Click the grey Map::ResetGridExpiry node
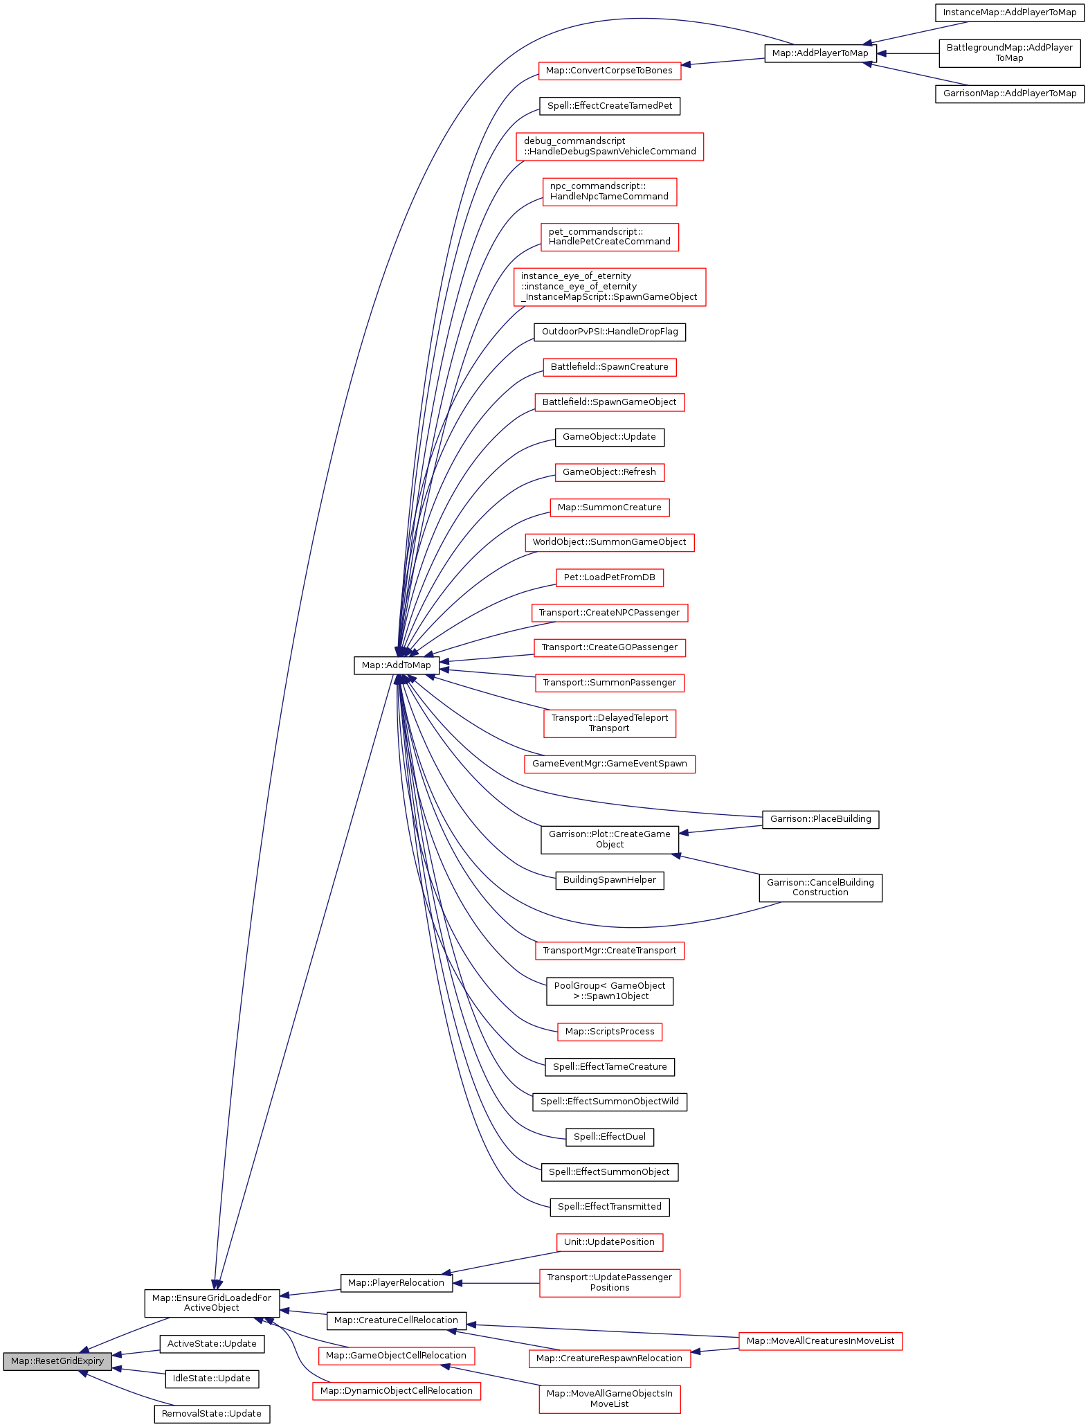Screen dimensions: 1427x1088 (x=57, y=1361)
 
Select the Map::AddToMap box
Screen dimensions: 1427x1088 (x=396, y=665)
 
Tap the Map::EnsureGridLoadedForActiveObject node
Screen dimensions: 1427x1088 (x=212, y=1302)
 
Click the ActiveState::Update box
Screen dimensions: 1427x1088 (x=212, y=1343)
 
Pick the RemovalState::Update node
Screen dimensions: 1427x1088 (x=212, y=1413)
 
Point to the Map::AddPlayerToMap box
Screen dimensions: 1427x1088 (x=820, y=53)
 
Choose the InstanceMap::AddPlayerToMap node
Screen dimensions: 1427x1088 (x=1009, y=12)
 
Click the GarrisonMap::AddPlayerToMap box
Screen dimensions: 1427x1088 (x=1009, y=93)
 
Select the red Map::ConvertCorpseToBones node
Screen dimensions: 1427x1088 (x=609, y=71)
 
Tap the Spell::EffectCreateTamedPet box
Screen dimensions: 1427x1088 (x=609, y=106)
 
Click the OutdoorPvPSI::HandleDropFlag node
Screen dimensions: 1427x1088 (x=609, y=332)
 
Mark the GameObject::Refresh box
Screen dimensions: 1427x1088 (x=609, y=472)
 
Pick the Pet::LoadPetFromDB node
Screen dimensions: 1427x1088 (x=609, y=577)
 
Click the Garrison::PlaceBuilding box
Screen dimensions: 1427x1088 (x=820, y=819)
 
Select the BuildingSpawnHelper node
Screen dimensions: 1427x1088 (x=609, y=880)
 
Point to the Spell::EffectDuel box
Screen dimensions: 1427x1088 (x=609, y=1136)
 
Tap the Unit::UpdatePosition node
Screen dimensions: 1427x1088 (x=609, y=1241)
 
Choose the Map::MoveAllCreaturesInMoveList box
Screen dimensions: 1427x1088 (x=820, y=1340)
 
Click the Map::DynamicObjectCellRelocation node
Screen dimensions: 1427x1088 (x=396, y=1390)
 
